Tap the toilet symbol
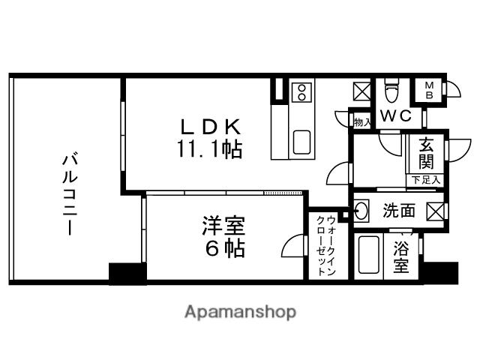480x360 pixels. click(x=390, y=92)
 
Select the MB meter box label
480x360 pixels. click(x=430, y=90)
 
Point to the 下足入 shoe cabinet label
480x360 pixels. click(x=425, y=180)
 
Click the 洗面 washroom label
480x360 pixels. click(x=398, y=211)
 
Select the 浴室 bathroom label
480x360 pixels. click(x=401, y=256)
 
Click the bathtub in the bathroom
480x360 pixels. click(x=367, y=256)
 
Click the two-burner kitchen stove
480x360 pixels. click(x=301, y=92)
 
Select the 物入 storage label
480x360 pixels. click(x=361, y=121)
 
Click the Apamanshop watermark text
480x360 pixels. click(x=240, y=311)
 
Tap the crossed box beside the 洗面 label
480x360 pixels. click(x=435, y=211)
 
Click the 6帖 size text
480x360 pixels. click(x=223, y=249)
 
